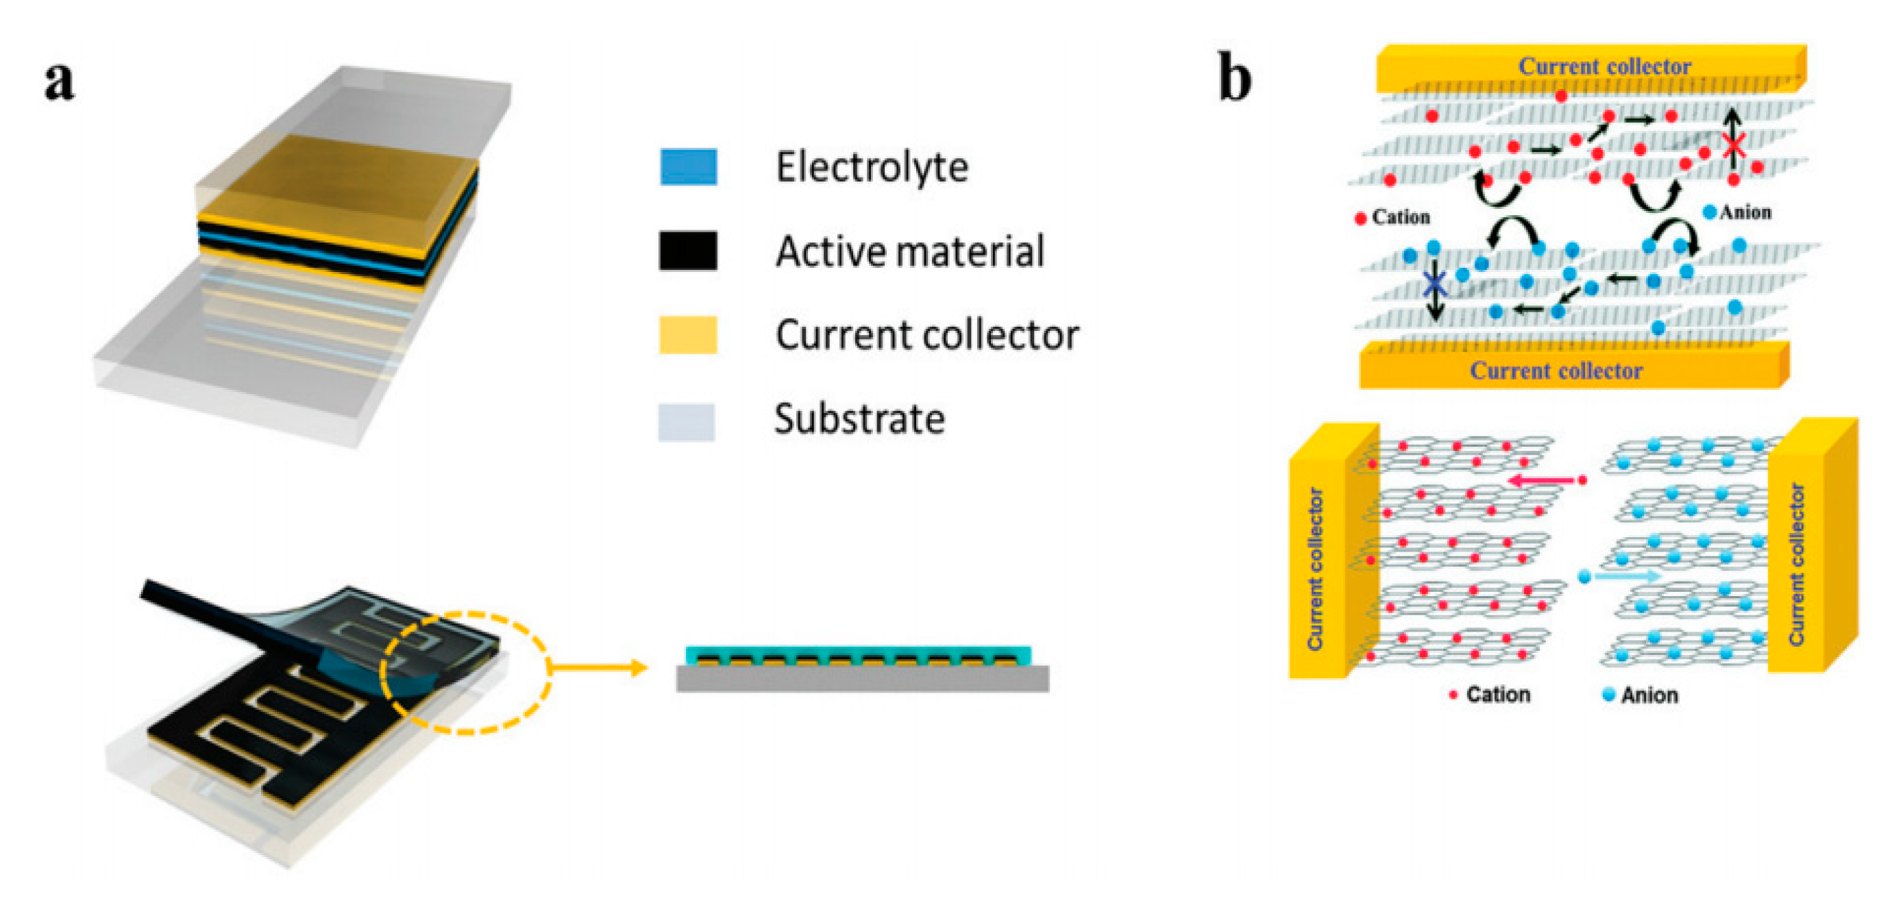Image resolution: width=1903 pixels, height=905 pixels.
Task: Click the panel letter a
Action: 59,82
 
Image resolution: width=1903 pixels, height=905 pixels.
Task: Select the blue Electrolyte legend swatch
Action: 688,167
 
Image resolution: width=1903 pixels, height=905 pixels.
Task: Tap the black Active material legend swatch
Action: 688,251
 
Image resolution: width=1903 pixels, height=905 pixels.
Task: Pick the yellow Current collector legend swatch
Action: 688,335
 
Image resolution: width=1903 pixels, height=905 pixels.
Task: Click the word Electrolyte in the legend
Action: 872,167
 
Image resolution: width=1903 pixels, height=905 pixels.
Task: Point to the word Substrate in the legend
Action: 859,419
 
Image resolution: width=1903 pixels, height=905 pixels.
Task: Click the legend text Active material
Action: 909,251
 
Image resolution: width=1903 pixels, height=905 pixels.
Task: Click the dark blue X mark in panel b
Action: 1435,283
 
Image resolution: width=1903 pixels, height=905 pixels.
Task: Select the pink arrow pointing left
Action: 1541,481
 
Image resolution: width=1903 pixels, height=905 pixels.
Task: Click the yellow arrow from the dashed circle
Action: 598,669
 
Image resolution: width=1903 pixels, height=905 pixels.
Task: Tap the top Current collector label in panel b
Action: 1604,66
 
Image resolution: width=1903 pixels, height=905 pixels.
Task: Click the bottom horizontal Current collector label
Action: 1556,371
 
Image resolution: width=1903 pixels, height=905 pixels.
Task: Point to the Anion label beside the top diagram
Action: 1745,213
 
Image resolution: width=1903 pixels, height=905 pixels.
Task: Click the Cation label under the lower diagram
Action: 1497,695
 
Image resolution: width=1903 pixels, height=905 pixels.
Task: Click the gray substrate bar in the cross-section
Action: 862,680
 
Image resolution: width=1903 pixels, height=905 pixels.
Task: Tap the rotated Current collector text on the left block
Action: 1316,569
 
